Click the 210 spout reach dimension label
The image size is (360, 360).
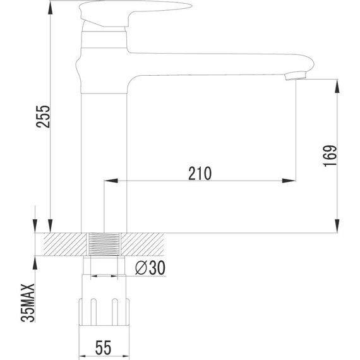tap(200, 172)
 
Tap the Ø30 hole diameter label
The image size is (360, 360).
tap(150, 268)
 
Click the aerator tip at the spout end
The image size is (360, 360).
tap(294, 76)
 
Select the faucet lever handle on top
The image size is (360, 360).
tap(136, 10)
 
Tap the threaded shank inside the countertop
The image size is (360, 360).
tap(104, 244)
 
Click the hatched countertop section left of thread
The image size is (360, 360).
tap(63, 244)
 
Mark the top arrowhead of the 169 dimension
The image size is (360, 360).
tap(337, 84)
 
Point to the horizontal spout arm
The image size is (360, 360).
tap(215, 64)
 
